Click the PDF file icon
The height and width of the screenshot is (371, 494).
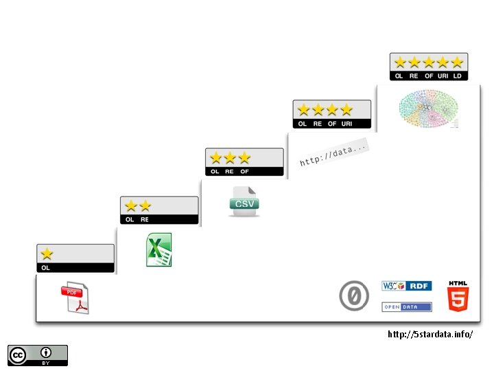(x=75, y=299)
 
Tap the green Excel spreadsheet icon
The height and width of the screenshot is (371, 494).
(x=159, y=249)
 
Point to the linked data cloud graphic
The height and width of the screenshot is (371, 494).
(x=428, y=109)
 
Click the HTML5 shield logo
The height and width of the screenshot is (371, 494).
(x=458, y=296)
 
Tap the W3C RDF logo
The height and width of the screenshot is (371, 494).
(x=406, y=285)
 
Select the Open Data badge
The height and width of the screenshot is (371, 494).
(x=406, y=307)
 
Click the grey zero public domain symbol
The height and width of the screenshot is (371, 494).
(x=354, y=296)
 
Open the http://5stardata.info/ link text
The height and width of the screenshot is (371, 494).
(x=430, y=335)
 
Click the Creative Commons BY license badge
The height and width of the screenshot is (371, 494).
(x=38, y=355)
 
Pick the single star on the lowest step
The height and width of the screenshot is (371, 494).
(x=47, y=254)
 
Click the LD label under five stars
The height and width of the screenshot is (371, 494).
(x=458, y=76)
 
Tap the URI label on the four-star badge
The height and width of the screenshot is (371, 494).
(x=346, y=124)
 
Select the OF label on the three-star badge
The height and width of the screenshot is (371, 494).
(x=244, y=172)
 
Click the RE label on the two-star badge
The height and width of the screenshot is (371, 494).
(x=144, y=220)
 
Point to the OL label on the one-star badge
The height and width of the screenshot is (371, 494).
(x=45, y=268)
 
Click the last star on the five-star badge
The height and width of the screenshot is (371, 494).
(x=458, y=62)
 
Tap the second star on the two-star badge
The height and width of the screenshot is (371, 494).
(x=145, y=205)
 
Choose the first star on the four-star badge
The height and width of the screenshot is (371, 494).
(x=303, y=109)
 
